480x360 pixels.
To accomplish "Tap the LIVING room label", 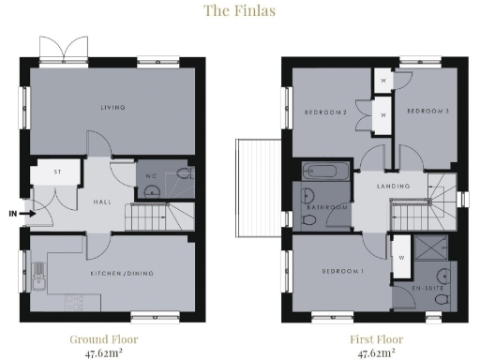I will [112, 108].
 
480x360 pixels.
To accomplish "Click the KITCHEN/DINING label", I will [122, 274].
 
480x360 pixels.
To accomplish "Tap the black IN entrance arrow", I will [28, 214].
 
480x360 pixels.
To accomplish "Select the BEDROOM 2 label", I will [325, 112].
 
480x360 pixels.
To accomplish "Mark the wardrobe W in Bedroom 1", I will [400, 254].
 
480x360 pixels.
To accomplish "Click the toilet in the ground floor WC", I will [182, 174].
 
